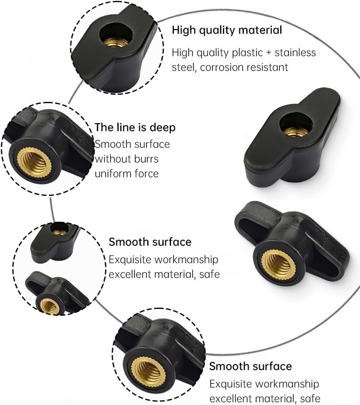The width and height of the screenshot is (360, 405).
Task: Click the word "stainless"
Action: point(295,53)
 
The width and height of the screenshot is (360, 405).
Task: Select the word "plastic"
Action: point(248,53)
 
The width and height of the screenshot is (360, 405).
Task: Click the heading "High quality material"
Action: point(227,30)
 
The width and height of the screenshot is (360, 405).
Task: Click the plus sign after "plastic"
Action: point(269,53)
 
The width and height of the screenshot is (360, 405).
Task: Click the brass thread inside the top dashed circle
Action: point(115,42)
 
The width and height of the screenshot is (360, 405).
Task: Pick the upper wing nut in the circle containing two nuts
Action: point(55,242)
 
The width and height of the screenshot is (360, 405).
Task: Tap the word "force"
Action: point(146,173)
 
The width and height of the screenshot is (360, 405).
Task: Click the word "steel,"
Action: point(184,67)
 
